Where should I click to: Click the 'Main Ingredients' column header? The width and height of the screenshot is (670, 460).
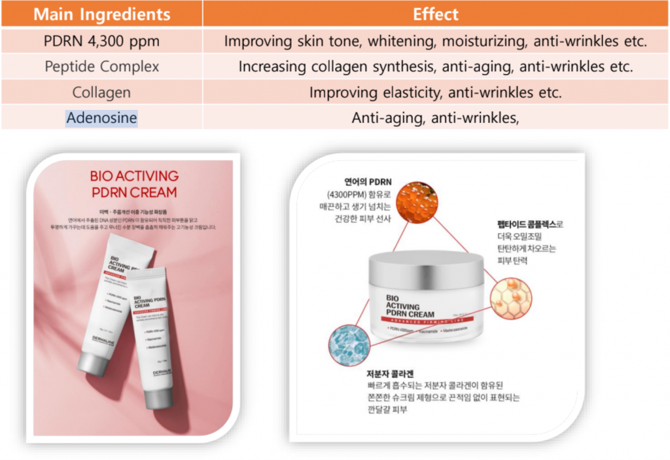click(101, 14)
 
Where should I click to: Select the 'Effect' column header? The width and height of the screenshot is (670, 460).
click(436, 14)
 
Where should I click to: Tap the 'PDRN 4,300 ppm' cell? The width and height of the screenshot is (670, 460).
click(101, 41)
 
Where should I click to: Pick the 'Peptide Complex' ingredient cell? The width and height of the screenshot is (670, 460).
click(101, 67)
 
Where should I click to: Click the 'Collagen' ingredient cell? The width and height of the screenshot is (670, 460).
click(101, 92)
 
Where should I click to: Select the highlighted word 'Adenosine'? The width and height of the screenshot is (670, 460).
click(101, 118)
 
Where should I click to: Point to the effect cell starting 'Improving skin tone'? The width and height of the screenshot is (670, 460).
click(436, 41)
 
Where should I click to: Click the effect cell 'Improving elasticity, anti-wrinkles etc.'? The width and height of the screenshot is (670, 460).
click(436, 92)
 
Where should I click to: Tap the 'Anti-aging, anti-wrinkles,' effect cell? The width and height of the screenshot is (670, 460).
click(436, 118)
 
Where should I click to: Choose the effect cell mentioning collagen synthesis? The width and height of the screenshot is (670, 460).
click(436, 67)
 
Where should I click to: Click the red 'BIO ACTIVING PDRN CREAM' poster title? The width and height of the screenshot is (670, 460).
click(133, 184)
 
